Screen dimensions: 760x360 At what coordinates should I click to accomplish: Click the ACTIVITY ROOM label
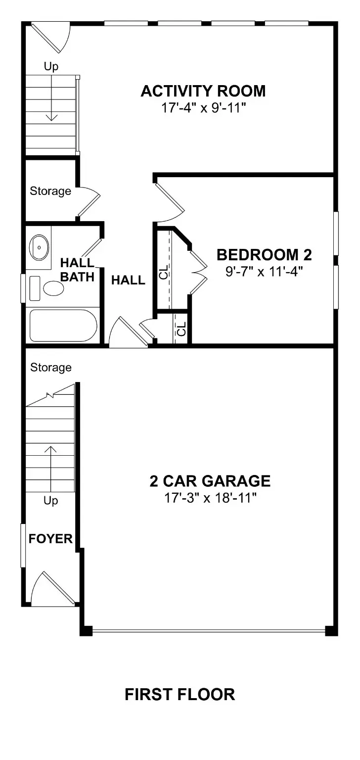click(203, 92)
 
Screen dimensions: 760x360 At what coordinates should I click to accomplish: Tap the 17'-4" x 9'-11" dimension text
click(203, 108)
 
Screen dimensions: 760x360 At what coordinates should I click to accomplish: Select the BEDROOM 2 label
click(264, 255)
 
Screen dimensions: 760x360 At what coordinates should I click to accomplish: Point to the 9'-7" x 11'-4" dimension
click(264, 271)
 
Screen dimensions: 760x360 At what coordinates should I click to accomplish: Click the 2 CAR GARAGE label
click(210, 481)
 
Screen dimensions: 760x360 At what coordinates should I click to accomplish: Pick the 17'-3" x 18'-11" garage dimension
click(210, 497)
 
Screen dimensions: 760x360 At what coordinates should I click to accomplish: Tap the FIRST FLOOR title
click(180, 695)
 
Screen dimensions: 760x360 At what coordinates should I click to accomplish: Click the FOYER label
click(50, 539)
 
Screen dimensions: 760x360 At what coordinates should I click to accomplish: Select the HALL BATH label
click(77, 269)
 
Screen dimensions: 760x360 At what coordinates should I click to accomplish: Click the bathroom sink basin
click(39, 246)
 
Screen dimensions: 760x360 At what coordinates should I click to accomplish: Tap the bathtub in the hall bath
click(63, 326)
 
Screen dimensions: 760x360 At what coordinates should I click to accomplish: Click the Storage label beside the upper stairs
click(50, 191)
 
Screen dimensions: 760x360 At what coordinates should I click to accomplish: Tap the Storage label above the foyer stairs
click(50, 368)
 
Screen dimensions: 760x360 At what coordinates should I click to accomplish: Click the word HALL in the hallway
click(128, 281)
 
